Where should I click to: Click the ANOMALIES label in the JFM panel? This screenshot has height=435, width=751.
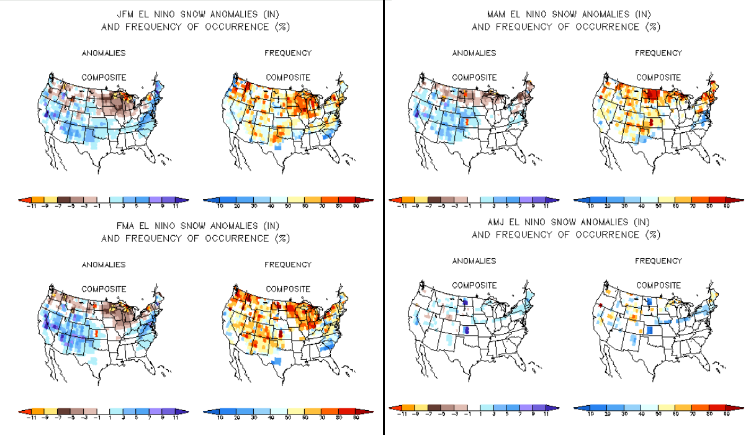coord(104,53)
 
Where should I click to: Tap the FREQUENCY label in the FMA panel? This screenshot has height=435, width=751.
coord(288,265)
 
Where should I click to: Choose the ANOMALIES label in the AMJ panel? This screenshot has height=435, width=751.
coord(474,261)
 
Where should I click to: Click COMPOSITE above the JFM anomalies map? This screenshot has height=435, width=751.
coord(104,78)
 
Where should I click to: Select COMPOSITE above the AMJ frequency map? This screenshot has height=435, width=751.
coord(659,285)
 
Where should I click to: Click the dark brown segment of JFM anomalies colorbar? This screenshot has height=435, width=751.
coord(64,200)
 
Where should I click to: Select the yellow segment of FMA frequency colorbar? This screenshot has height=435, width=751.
coord(297,411)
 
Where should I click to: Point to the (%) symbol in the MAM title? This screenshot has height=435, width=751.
coord(652,27)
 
